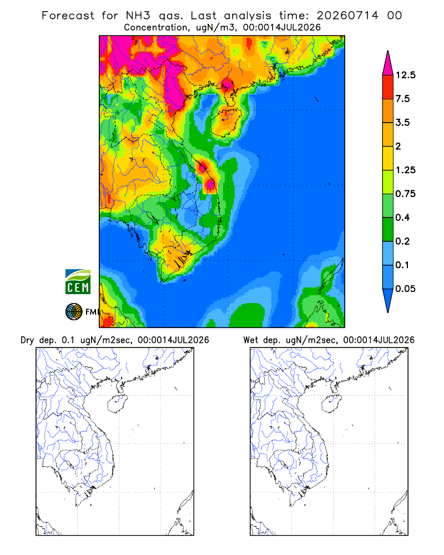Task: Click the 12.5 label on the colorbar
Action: pos(405,75)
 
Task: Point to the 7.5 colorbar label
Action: pos(402,99)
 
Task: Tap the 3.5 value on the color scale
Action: pos(402,123)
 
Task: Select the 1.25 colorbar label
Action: pos(405,170)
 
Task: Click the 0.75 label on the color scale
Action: pos(405,194)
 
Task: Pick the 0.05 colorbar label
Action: pos(405,289)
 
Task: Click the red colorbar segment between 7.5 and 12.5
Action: pos(388,87)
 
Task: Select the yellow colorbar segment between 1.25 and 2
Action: pos(388,158)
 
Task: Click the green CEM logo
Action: pos(78,282)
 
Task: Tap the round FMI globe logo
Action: pos(74,312)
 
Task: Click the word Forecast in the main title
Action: pos(68,16)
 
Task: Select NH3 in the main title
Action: pos(138,16)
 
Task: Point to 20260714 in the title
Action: pos(347,16)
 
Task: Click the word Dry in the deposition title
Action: pos(27,340)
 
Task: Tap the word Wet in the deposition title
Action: pos(251,340)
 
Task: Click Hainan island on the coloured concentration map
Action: pos(226,123)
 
